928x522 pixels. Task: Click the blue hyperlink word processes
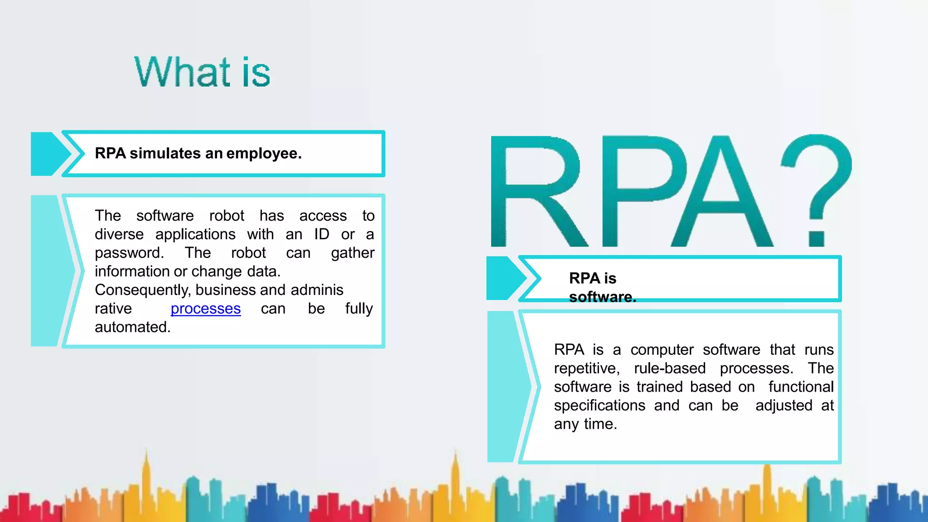pyautogui.click(x=205, y=309)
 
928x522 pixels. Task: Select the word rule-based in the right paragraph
pyautogui.click(x=670, y=368)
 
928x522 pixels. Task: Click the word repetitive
pyautogui.click(x=586, y=368)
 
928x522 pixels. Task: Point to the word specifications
pyautogui.click(x=599, y=406)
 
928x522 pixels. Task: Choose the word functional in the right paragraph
pyautogui.click(x=801, y=387)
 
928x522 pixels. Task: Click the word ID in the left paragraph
pyautogui.click(x=322, y=234)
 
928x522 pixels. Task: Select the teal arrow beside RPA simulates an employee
pyautogui.click(x=50, y=154)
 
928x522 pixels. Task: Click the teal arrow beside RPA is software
pyautogui.click(x=505, y=278)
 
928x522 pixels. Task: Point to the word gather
pyautogui.click(x=353, y=253)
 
